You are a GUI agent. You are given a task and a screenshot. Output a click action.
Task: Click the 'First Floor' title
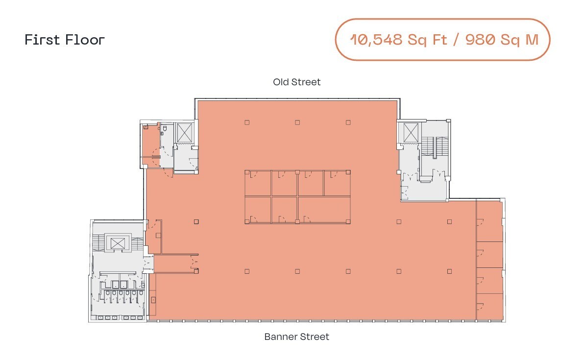65,40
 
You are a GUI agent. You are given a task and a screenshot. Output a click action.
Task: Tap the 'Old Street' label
296,82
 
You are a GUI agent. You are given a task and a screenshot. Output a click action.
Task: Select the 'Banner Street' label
296,337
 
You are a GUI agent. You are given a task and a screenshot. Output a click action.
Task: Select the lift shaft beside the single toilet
185,133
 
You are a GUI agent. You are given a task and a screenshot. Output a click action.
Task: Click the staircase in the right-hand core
430,147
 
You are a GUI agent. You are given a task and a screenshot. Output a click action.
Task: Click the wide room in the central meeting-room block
324,209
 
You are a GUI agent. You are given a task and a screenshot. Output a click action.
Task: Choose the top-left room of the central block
258,183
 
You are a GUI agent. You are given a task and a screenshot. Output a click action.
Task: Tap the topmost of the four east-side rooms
489,221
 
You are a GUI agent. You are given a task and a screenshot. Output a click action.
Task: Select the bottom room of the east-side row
489,307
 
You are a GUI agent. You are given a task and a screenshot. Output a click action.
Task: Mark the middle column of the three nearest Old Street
297,122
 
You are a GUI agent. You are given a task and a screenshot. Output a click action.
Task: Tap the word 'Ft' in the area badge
440,40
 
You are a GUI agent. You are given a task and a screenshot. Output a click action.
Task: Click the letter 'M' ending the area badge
532,40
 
